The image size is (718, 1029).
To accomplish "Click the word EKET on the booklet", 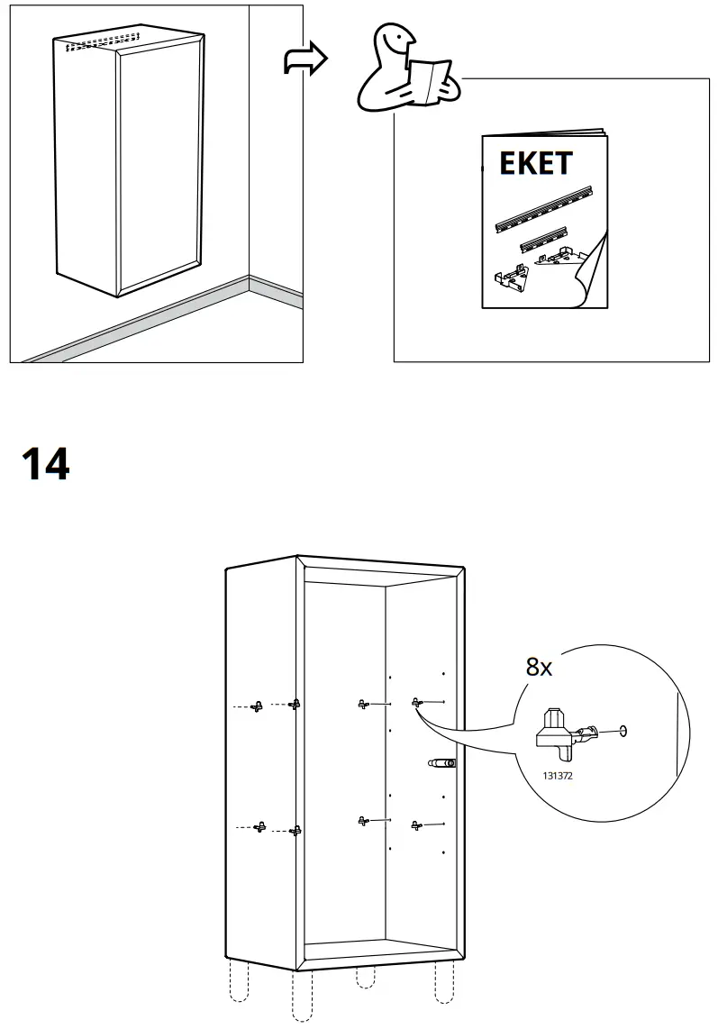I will click(x=535, y=163).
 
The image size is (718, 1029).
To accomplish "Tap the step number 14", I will click(x=45, y=464).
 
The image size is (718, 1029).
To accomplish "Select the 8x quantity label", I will click(x=539, y=668).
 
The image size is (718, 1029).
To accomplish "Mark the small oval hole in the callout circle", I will click(x=623, y=731).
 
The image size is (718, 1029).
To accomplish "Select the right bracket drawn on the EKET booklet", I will click(x=559, y=257).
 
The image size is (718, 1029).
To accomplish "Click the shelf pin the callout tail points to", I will click(x=417, y=701).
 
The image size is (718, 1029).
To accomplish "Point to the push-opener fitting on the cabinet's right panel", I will click(x=441, y=763).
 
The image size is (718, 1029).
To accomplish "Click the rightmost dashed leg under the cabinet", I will click(x=443, y=982).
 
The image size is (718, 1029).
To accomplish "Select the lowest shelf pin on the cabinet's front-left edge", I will click(x=294, y=830).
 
